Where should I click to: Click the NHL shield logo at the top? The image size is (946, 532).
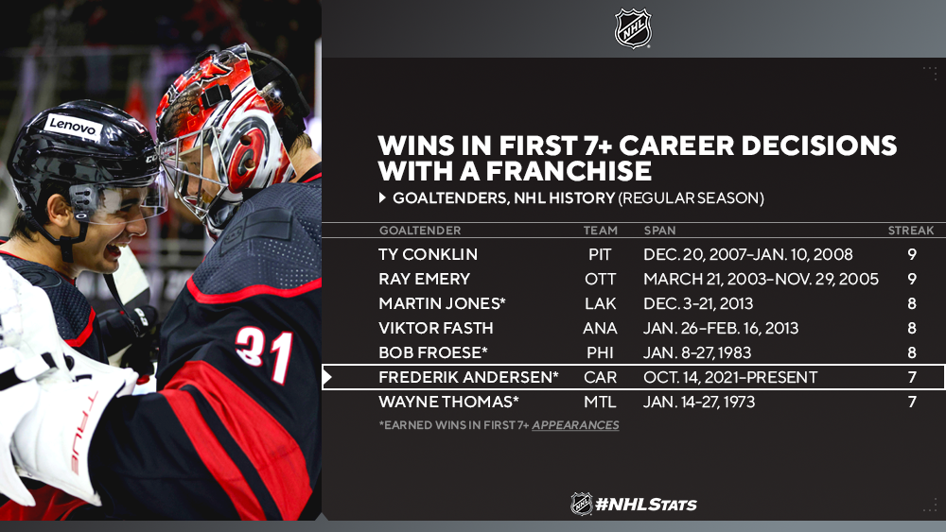pyautogui.click(x=633, y=27)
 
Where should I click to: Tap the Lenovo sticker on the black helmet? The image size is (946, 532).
pyautogui.click(x=73, y=127)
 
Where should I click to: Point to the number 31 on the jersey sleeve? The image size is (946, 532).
pyautogui.click(x=264, y=353)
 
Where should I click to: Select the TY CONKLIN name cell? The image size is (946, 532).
pyautogui.click(x=428, y=254)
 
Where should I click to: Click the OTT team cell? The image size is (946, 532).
pyautogui.click(x=601, y=279)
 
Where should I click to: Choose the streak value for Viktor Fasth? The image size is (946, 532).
pyautogui.click(x=912, y=328)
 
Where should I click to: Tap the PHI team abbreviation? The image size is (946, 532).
pyautogui.click(x=600, y=352)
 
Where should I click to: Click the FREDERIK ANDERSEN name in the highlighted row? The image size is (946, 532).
pyautogui.click(x=469, y=377)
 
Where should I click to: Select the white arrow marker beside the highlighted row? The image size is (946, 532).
pyautogui.click(x=327, y=378)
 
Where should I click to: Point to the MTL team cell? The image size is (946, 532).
pyautogui.click(x=601, y=402)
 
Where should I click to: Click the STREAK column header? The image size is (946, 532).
pyautogui.click(x=910, y=231)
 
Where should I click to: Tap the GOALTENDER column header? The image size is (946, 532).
pyautogui.click(x=420, y=231)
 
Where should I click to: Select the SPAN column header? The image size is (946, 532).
pyautogui.click(x=659, y=231)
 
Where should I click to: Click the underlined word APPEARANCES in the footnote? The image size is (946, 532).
pyautogui.click(x=575, y=425)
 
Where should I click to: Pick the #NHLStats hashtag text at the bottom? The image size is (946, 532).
pyautogui.click(x=645, y=505)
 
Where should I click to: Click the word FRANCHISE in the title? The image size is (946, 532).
pyautogui.click(x=569, y=171)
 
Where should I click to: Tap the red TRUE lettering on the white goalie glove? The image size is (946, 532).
pyautogui.click(x=83, y=433)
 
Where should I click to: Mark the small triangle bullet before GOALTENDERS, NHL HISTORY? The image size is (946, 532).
pyautogui.click(x=382, y=197)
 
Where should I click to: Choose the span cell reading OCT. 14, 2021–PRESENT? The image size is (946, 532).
pyautogui.click(x=730, y=377)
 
